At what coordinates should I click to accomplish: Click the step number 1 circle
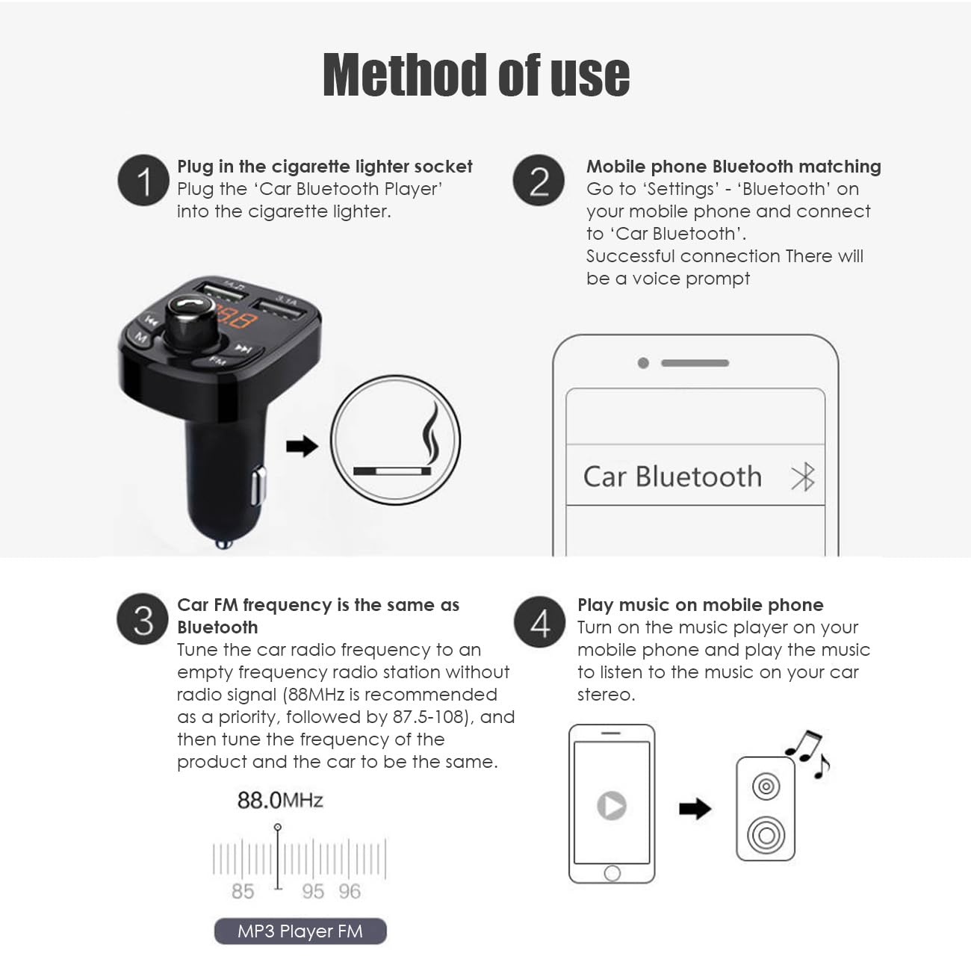(x=143, y=181)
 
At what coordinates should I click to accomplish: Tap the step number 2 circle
(x=539, y=181)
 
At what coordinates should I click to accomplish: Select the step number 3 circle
(x=143, y=619)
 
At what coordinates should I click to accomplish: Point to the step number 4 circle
(x=539, y=621)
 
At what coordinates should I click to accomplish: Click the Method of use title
(x=477, y=75)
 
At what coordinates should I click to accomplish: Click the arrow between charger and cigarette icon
(x=302, y=447)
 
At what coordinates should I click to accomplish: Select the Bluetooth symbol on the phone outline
(x=803, y=477)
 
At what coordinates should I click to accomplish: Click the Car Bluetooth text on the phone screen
(x=671, y=477)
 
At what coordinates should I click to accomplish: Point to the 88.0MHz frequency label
(x=279, y=801)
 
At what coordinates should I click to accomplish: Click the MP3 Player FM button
(x=300, y=931)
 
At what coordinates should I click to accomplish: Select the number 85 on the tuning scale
(x=243, y=891)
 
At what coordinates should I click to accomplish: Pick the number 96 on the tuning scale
(x=350, y=891)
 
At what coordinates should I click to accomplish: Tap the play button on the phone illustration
(x=612, y=806)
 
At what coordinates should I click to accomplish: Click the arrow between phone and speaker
(x=695, y=808)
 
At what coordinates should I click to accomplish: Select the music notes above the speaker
(x=808, y=753)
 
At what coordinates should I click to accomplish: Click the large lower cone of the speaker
(x=766, y=834)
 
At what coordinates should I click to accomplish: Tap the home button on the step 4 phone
(x=612, y=873)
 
